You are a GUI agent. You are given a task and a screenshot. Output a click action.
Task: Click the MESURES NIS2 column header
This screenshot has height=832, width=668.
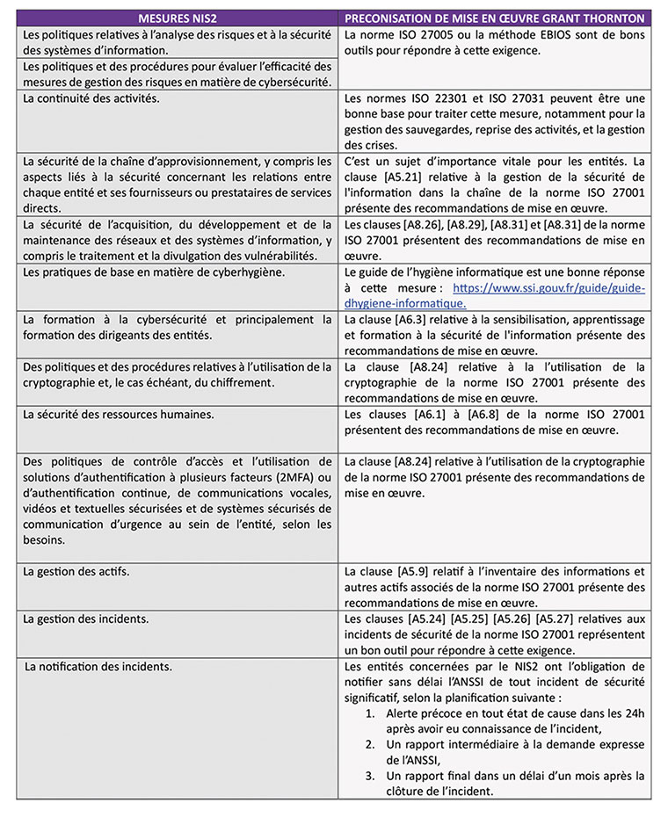[x=177, y=18]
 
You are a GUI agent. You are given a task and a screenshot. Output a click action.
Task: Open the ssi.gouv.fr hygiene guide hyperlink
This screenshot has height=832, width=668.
[x=548, y=288]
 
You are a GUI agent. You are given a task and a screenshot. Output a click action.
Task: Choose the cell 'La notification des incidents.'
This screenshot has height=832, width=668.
[x=99, y=667]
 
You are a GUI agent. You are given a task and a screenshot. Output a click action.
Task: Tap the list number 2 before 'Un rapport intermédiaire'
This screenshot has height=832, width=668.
[x=373, y=745]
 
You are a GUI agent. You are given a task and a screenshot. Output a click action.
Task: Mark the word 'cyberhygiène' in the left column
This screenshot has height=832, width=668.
[x=199, y=272]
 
